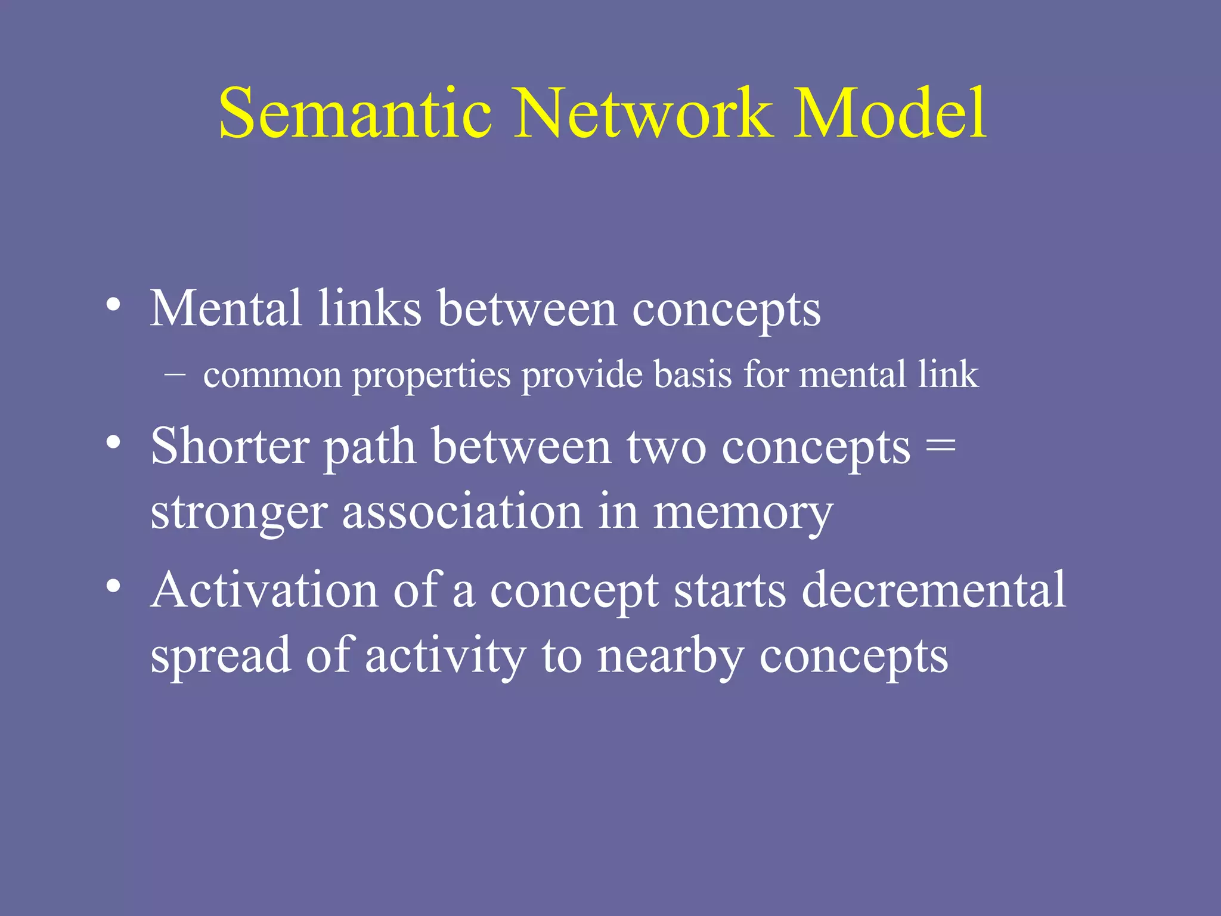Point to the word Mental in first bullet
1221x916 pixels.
(225, 308)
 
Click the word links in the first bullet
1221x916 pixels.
(369, 308)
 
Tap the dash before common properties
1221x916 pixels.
(174, 375)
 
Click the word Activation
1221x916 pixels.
(264, 590)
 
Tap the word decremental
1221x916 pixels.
(934, 590)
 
